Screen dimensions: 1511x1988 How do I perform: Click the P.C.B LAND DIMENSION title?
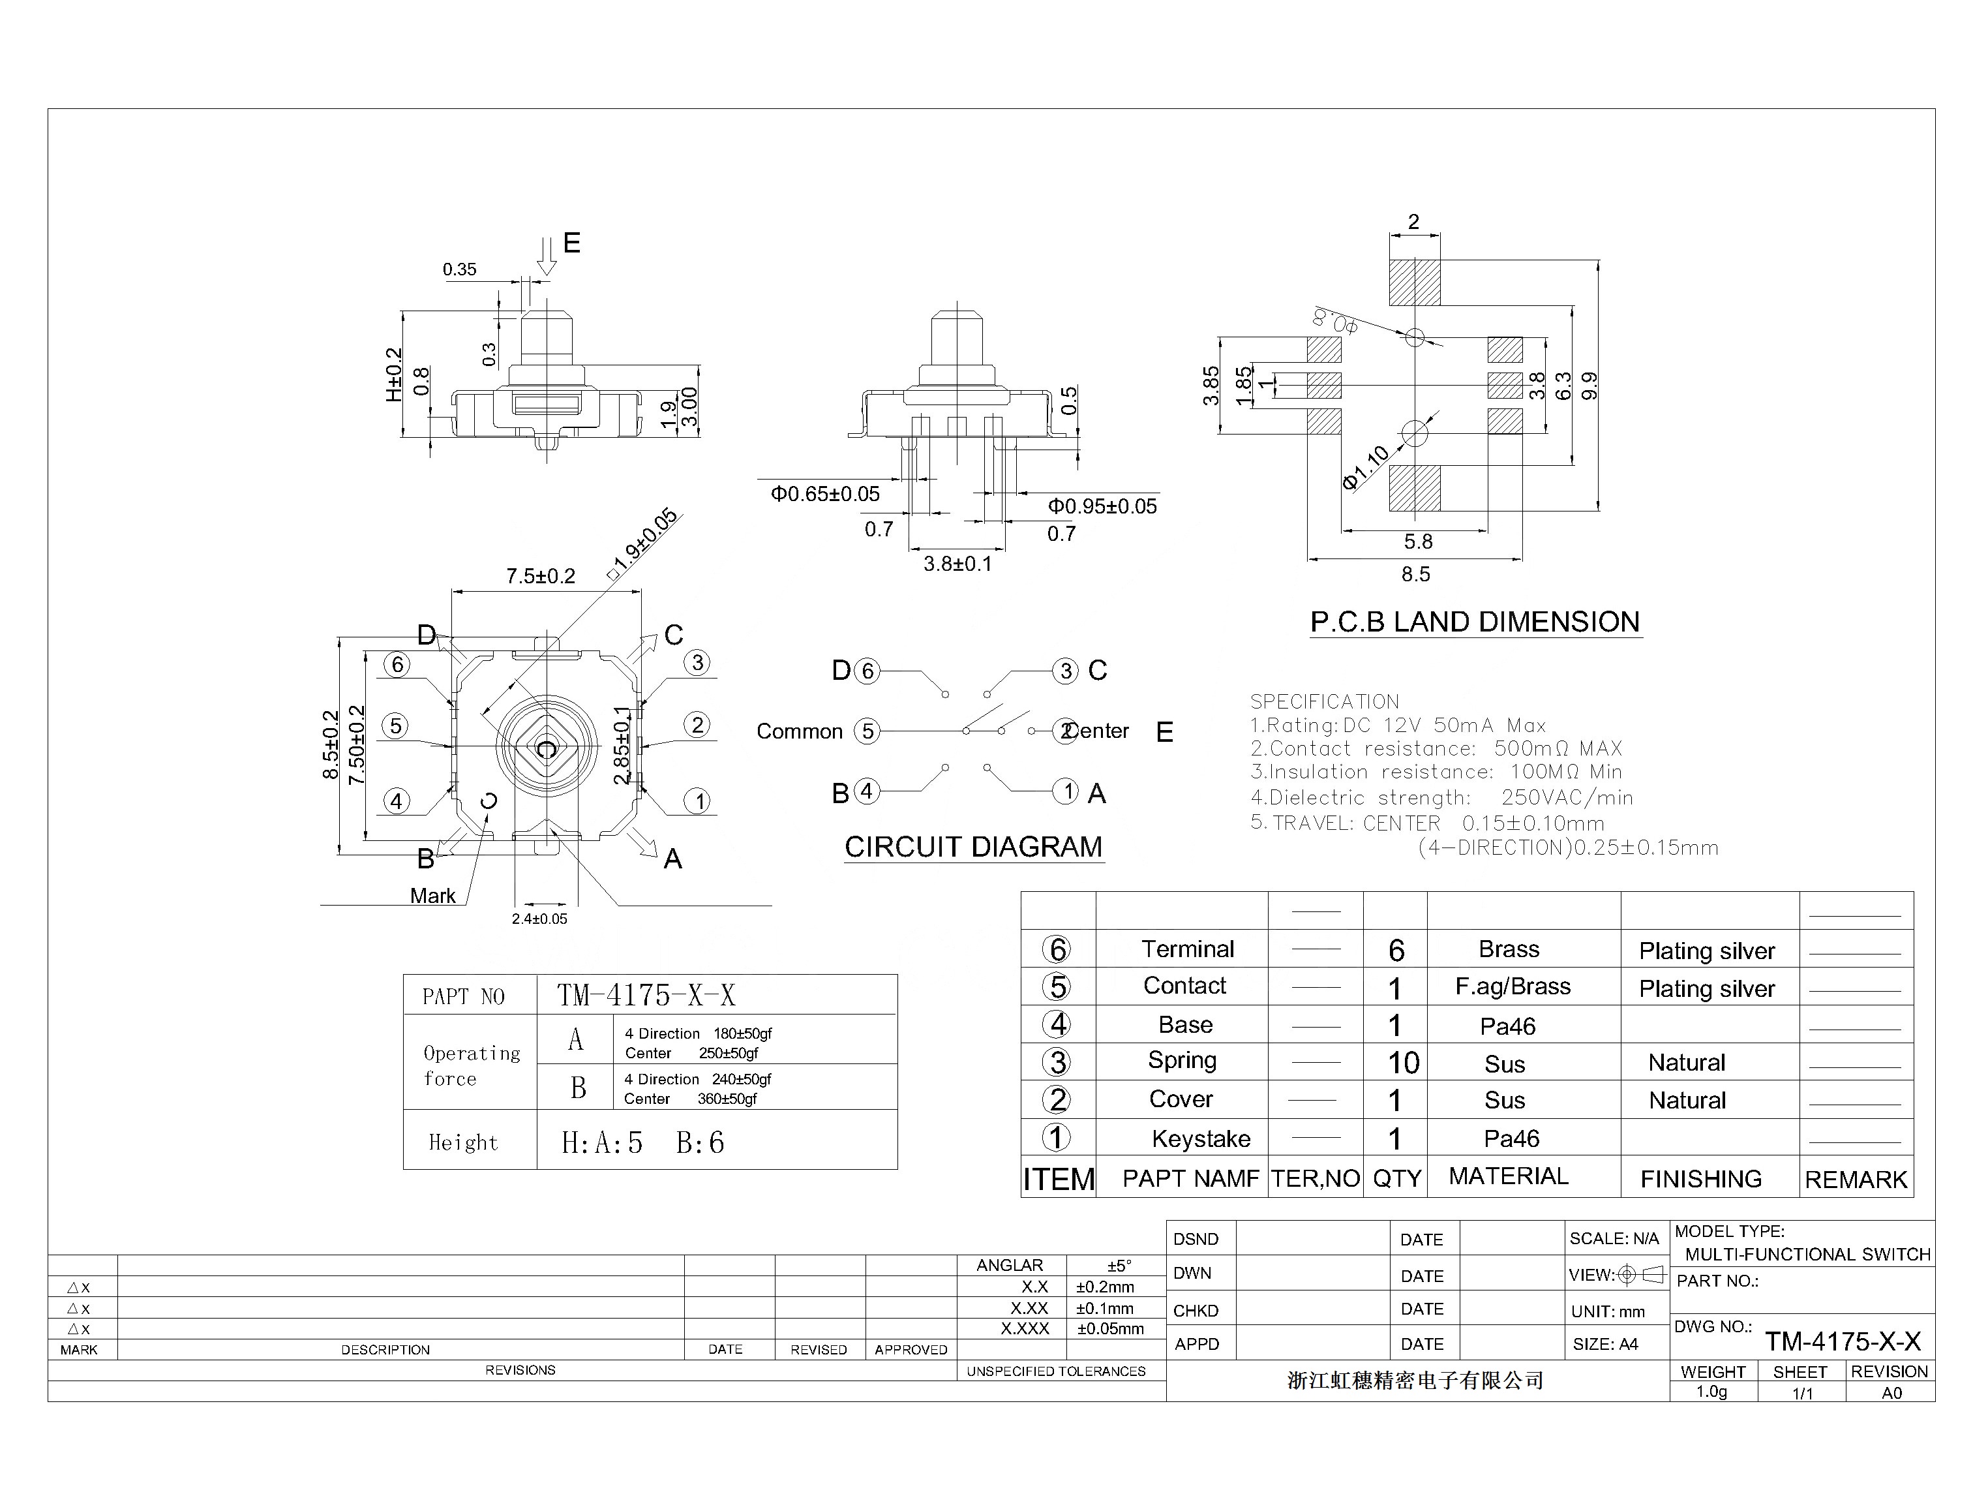coord(1475,622)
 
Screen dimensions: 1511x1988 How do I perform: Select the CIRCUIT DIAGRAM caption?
coord(973,847)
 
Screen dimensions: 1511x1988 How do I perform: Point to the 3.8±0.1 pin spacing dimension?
coord(957,564)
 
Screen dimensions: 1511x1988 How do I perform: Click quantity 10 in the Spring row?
coord(1403,1063)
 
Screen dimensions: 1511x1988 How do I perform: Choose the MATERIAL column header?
coord(1508,1176)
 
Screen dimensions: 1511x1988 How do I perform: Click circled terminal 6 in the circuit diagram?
coord(867,671)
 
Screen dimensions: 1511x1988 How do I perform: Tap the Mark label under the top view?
coord(432,896)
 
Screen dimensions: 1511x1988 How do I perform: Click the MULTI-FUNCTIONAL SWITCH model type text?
coord(1807,1255)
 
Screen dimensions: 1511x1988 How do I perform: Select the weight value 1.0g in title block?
coord(1711,1392)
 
